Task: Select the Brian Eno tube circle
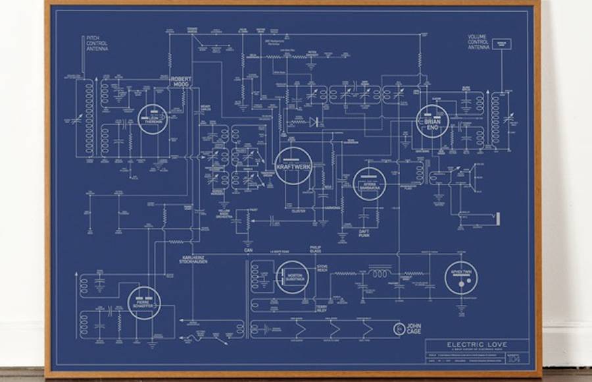pyautogui.click(x=432, y=121)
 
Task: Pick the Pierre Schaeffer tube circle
pyautogui.click(x=144, y=303)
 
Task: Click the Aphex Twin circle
pyautogui.click(x=479, y=278)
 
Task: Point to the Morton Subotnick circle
pyautogui.click(x=293, y=277)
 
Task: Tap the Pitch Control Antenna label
pyautogui.click(x=97, y=43)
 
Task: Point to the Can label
pyautogui.click(x=249, y=250)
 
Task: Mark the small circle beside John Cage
pyautogui.click(x=398, y=328)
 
